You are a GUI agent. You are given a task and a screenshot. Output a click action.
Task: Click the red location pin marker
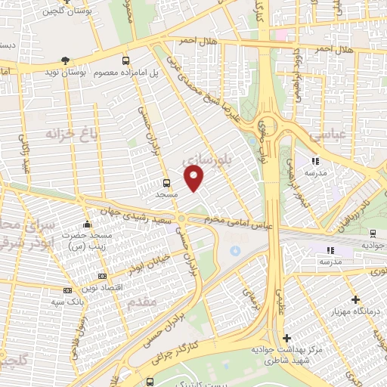point(194,178)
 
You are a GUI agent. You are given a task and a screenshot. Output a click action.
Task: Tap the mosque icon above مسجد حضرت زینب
point(87,224)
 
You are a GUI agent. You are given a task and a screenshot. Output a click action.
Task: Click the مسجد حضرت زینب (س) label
point(85,241)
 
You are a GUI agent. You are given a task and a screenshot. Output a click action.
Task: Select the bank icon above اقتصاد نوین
point(102,276)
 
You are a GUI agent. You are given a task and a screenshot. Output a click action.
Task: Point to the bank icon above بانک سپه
point(67,290)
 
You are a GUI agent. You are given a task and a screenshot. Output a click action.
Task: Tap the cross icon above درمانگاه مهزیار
point(355,299)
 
